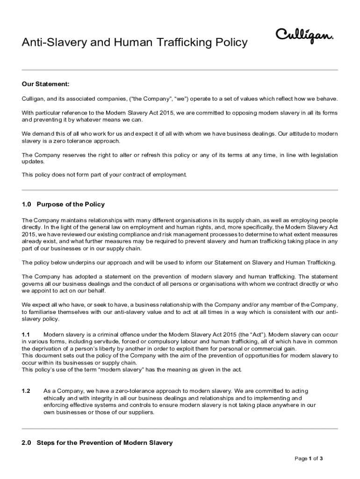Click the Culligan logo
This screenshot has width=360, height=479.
304,36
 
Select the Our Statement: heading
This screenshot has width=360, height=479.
46,84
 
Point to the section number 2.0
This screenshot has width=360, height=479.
27,443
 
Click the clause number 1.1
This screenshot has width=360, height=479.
26,335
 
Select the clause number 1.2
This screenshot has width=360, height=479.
26,391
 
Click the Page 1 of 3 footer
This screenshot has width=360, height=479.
309,458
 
